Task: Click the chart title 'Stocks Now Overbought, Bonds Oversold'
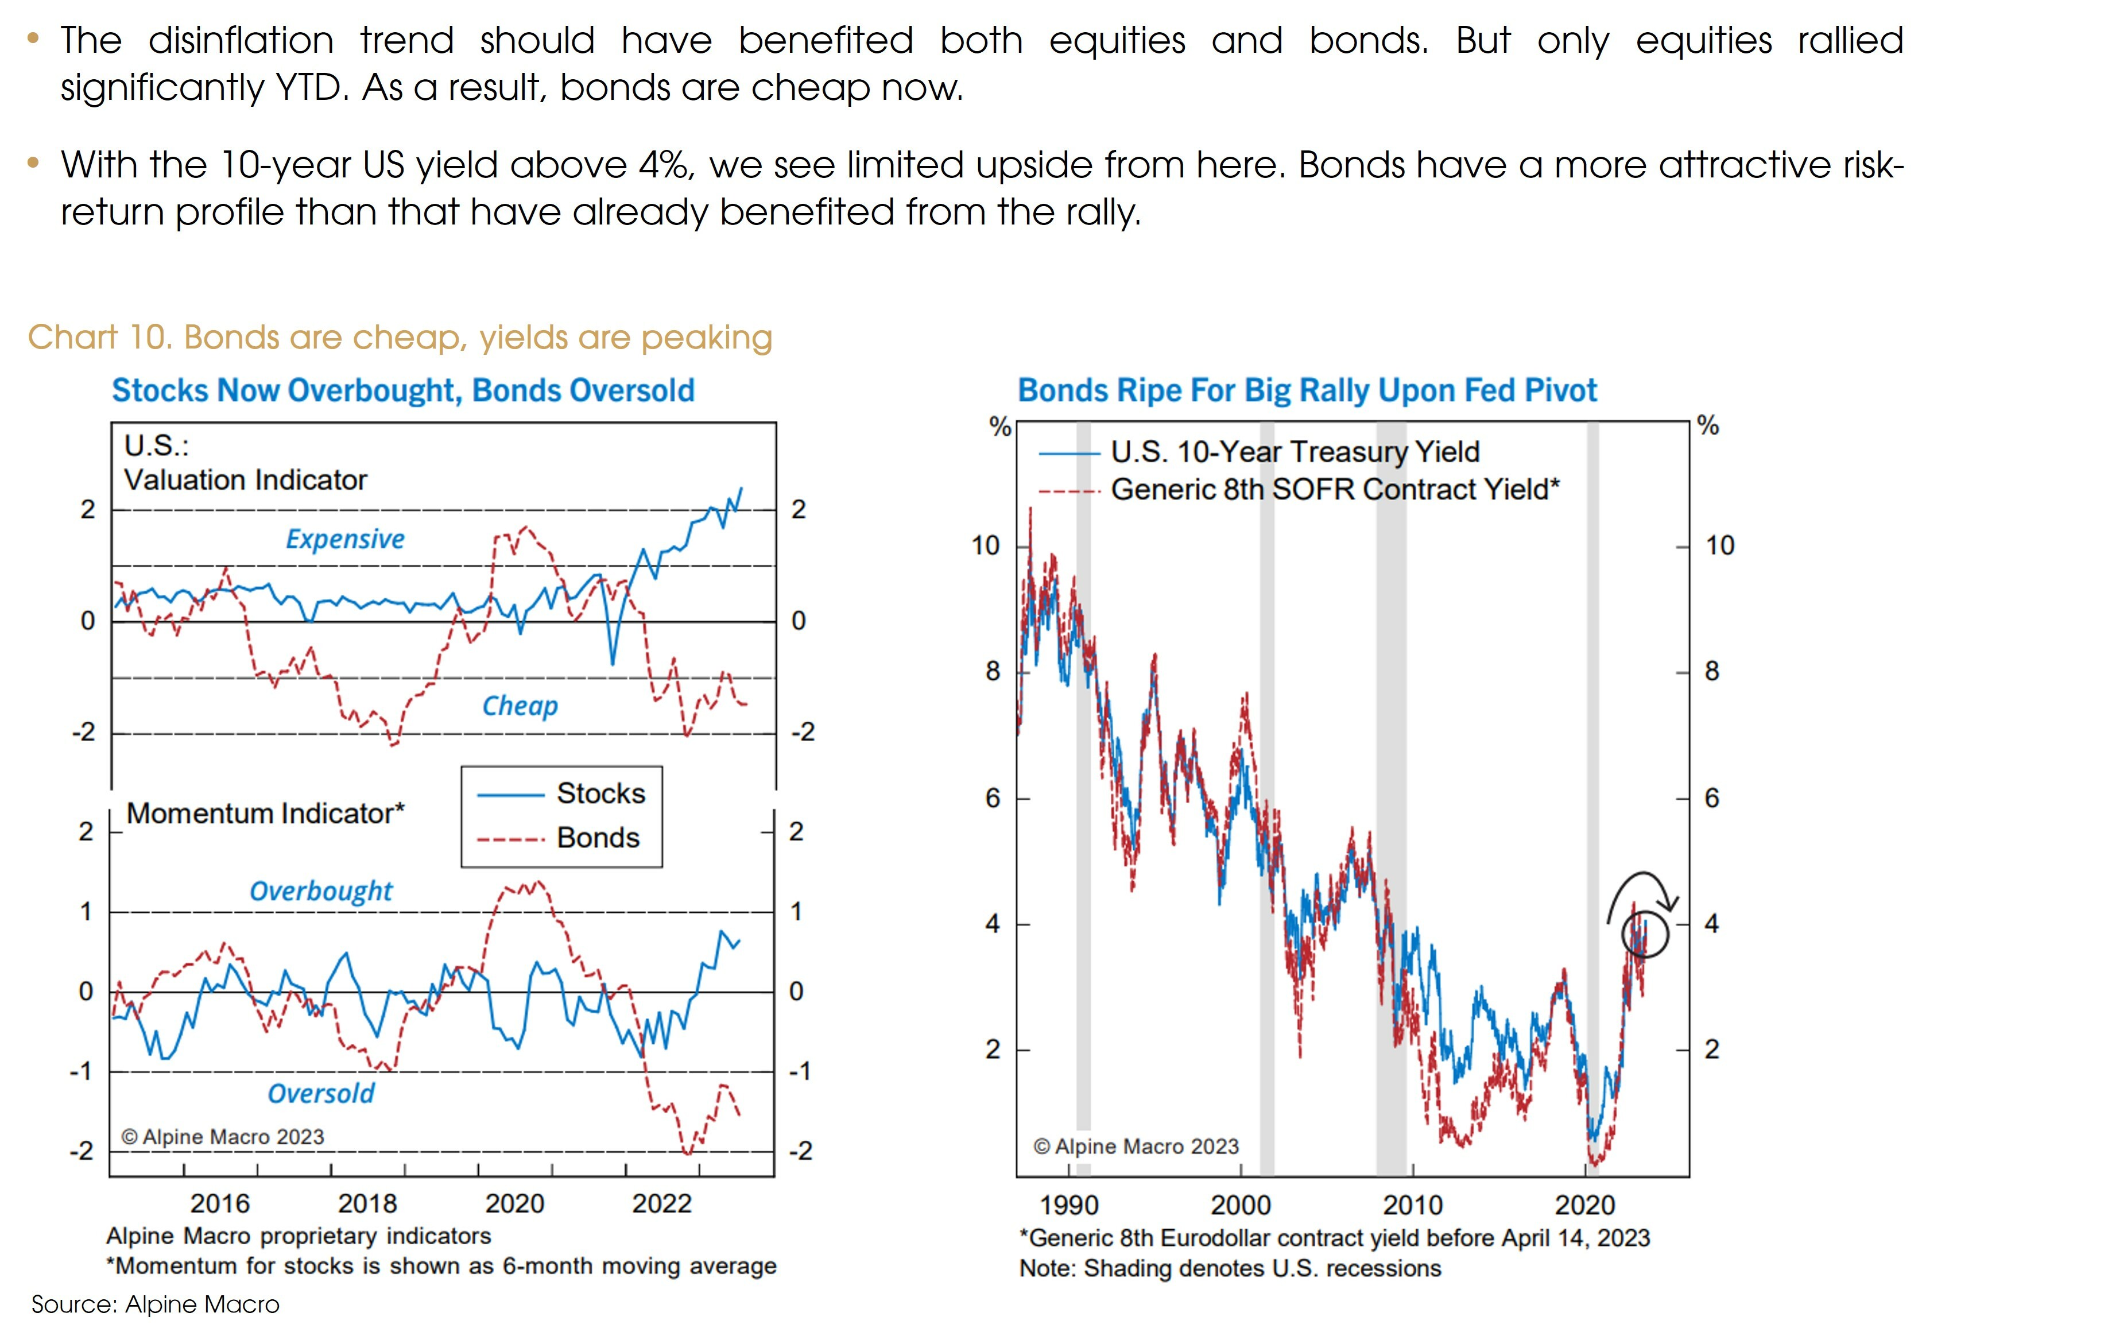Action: (x=402, y=390)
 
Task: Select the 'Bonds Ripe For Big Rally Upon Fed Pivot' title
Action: (x=1307, y=390)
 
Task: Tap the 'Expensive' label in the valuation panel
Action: (x=345, y=539)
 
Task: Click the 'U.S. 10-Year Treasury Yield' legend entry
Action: (x=1295, y=452)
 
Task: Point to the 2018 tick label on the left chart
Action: (x=367, y=1204)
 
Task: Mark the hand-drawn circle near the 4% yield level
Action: (x=1644, y=935)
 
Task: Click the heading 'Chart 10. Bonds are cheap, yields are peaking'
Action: (x=400, y=337)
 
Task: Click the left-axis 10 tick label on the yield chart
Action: (x=985, y=545)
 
